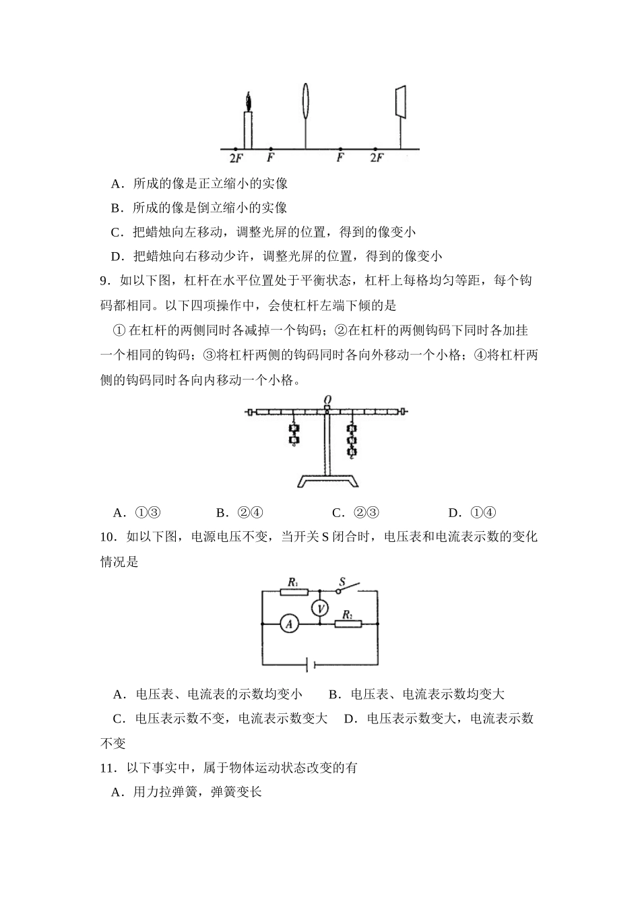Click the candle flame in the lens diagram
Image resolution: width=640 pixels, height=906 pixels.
tap(249, 102)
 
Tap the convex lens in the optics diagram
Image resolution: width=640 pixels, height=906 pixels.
tap(307, 101)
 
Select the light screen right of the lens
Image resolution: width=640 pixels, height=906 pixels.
tap(400, 102)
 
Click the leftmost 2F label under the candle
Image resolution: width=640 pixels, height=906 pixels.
tap(235, 158)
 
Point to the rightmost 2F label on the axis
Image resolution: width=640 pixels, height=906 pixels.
tap(377, 158)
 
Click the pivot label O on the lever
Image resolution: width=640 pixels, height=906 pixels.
tap(327, 400)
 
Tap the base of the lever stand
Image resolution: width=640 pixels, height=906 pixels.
tap(327, 481)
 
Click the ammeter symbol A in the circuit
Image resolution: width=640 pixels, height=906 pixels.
tap(289, 625)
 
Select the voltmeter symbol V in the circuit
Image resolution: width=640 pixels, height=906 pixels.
tap(321, 609)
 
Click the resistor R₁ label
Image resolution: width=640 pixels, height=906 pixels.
tap(293, 581)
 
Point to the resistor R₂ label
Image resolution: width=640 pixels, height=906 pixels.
tap(348, 613)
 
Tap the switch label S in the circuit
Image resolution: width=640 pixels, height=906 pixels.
tap(342, 581)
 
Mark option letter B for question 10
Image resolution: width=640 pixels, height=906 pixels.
tap(333, 694)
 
